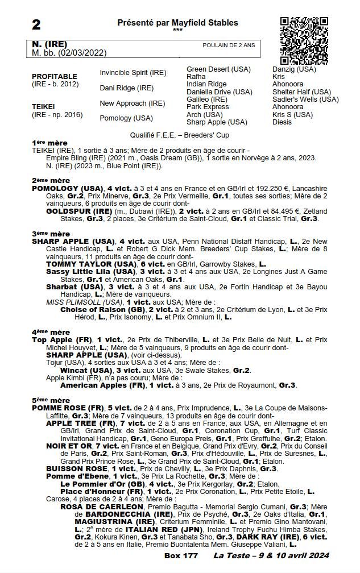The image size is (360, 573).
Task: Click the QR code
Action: (304, 40)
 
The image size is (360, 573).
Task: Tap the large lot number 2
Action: (36, 24)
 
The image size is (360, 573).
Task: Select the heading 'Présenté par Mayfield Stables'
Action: (177, 23)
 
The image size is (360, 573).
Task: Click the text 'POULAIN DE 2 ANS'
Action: (229, 45)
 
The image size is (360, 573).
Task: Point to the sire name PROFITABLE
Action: (54, 76)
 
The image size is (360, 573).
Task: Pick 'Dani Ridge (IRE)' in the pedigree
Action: (126, 88)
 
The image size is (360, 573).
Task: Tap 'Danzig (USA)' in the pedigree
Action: (293, 69)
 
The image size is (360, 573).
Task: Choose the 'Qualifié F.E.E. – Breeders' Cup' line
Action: (179, 135)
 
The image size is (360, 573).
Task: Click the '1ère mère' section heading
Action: (49, 143)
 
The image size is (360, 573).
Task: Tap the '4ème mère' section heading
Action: (51, 332)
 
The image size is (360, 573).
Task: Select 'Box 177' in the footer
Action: (181, 555)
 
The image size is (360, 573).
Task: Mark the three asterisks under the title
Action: (177, 30)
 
